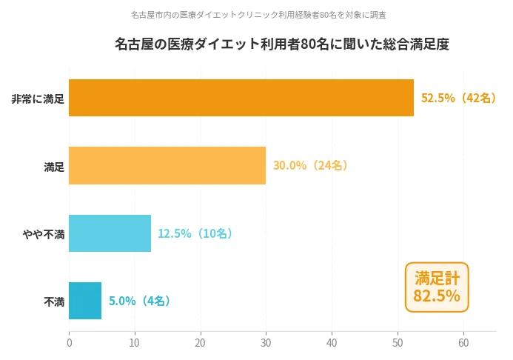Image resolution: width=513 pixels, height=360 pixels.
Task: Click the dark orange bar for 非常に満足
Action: coord(241,98)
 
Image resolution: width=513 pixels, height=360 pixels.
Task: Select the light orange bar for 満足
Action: coord(167,165)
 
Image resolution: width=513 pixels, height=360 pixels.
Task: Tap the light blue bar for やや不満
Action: coord(110,233)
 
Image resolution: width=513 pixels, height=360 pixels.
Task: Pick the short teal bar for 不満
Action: coord(85,301)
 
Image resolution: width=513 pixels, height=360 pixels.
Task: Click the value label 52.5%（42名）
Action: coord(459,98)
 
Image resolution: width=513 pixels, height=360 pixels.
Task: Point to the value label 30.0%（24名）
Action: coord(311,165)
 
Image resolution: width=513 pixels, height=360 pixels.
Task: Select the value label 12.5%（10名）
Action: coord(195,233)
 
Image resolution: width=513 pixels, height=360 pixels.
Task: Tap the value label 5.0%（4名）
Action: coord(140,301)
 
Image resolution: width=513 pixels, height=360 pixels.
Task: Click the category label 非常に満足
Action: coord(38,99)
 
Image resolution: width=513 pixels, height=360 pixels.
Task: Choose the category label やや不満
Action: coord(44,234)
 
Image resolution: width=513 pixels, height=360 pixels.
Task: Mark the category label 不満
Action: coord(54,301)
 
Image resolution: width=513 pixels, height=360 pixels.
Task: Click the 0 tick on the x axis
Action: coord(69,343)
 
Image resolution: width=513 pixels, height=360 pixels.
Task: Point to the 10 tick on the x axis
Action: coord(135,343)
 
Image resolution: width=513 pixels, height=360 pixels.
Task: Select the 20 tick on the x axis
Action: coord(201,343)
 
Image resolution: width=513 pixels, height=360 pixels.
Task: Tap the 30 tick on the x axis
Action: coord(266,343)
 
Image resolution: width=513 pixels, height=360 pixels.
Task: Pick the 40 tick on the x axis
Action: coord(332,343)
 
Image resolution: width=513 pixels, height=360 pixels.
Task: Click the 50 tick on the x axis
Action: coord(398,343)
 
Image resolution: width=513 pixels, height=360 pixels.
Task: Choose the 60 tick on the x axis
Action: coord(463,343)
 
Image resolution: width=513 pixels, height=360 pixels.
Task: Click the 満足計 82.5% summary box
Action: coord(437,287)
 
